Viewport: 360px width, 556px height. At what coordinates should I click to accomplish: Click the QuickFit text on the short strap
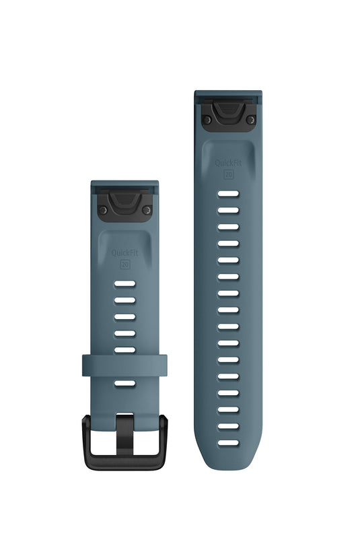124,253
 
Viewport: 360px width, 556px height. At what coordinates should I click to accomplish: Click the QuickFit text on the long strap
228,163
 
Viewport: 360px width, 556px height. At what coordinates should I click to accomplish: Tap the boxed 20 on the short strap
124,264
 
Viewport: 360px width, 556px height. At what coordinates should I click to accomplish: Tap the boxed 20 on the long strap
229,174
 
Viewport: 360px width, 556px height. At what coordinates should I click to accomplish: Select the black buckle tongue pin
124,434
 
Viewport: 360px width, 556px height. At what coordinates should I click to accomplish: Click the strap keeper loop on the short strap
124,366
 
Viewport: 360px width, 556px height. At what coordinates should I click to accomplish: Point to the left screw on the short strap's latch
103,210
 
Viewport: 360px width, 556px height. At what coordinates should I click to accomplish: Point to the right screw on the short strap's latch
146,210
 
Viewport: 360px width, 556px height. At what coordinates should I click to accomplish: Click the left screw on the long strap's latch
207,120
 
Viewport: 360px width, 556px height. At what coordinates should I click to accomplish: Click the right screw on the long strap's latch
250,120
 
